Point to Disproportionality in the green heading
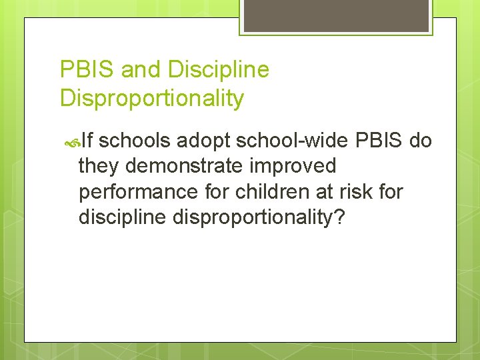click(152, 99)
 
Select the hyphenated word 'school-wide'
click(292, 141)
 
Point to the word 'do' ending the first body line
click(421, 141)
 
